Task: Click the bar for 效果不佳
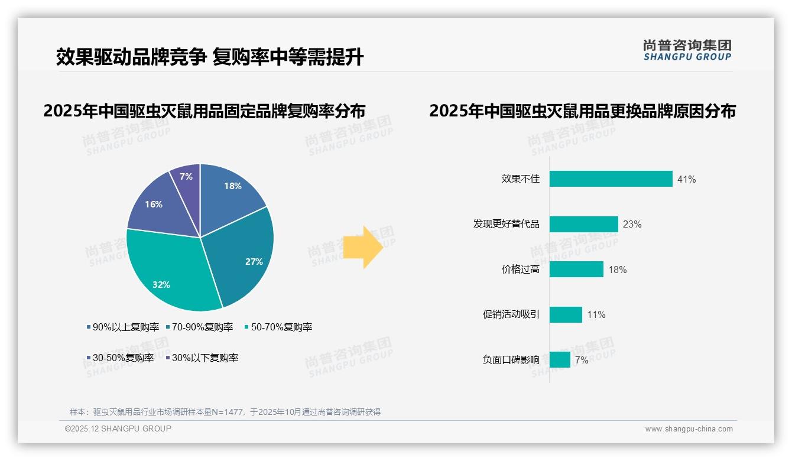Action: click(611, 179)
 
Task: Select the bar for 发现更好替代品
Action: click(583, 224)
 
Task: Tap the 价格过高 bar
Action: click(576, 270)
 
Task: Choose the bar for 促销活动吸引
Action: click(566, 314)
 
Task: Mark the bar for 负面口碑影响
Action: click(560, 359)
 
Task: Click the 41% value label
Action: click(687, 179)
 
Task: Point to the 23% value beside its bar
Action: click(632, 224)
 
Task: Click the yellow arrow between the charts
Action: click(363, 246)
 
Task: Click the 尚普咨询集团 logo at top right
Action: click(687, 50)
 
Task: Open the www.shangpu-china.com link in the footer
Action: click(689, 429)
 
